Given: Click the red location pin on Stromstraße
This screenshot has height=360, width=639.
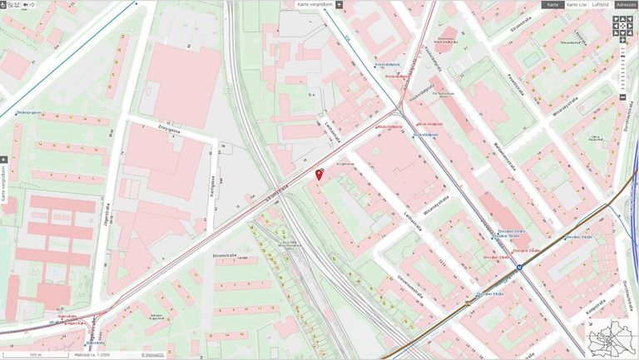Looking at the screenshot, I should [x=319, y=174].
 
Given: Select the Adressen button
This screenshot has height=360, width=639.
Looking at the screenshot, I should [x=627, y=5].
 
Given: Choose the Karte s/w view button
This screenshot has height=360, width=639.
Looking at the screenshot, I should [x=577, y=5].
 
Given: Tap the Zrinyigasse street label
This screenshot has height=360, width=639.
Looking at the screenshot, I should [x=168, y=130].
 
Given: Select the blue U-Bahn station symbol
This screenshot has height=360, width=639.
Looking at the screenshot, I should [x=519, y=268].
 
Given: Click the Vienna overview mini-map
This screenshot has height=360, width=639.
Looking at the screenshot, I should [x=612, y=338].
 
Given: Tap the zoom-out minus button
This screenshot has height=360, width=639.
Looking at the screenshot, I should [x=622, y=97].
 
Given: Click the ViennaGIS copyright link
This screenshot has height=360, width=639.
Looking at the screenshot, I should [x=152, y=355].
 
